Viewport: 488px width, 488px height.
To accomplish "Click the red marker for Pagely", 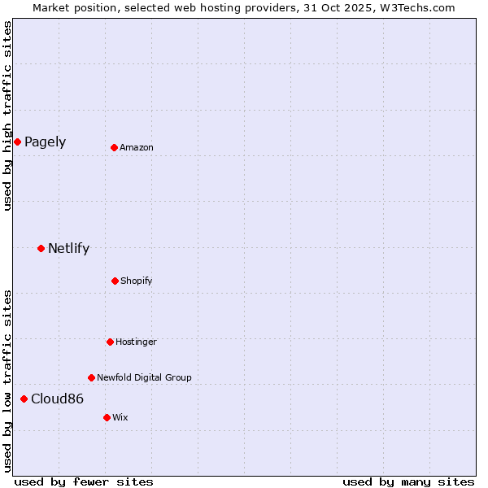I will (17, 142).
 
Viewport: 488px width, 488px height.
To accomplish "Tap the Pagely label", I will (45, 142).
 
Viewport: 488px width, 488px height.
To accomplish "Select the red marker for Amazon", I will (115, 147).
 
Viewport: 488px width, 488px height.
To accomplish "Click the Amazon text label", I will (137, 148).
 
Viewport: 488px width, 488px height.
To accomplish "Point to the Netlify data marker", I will (41, 248).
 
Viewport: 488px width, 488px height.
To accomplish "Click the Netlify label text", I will (68, 249).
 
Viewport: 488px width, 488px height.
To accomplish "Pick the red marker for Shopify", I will (115, 281).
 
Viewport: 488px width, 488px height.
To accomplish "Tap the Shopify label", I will (137, 281).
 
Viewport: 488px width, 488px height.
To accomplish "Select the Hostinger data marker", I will (110, 342).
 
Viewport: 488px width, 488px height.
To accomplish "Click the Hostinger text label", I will (136, 342).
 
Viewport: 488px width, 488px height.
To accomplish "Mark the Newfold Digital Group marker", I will (91, 377).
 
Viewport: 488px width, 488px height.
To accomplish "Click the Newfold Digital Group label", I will (144, 378).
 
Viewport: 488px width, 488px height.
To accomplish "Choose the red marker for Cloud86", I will (24, 399).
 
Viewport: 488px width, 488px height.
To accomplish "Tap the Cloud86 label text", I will (57, 399).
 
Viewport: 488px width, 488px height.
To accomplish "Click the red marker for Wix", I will (107, 417).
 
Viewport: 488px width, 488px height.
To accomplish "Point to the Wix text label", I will (120, 418).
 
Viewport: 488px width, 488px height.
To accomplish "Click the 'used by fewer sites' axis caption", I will (84, 482).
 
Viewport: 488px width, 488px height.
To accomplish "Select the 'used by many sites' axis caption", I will (408, 482).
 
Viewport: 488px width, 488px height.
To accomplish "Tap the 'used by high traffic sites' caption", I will (7, 115).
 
